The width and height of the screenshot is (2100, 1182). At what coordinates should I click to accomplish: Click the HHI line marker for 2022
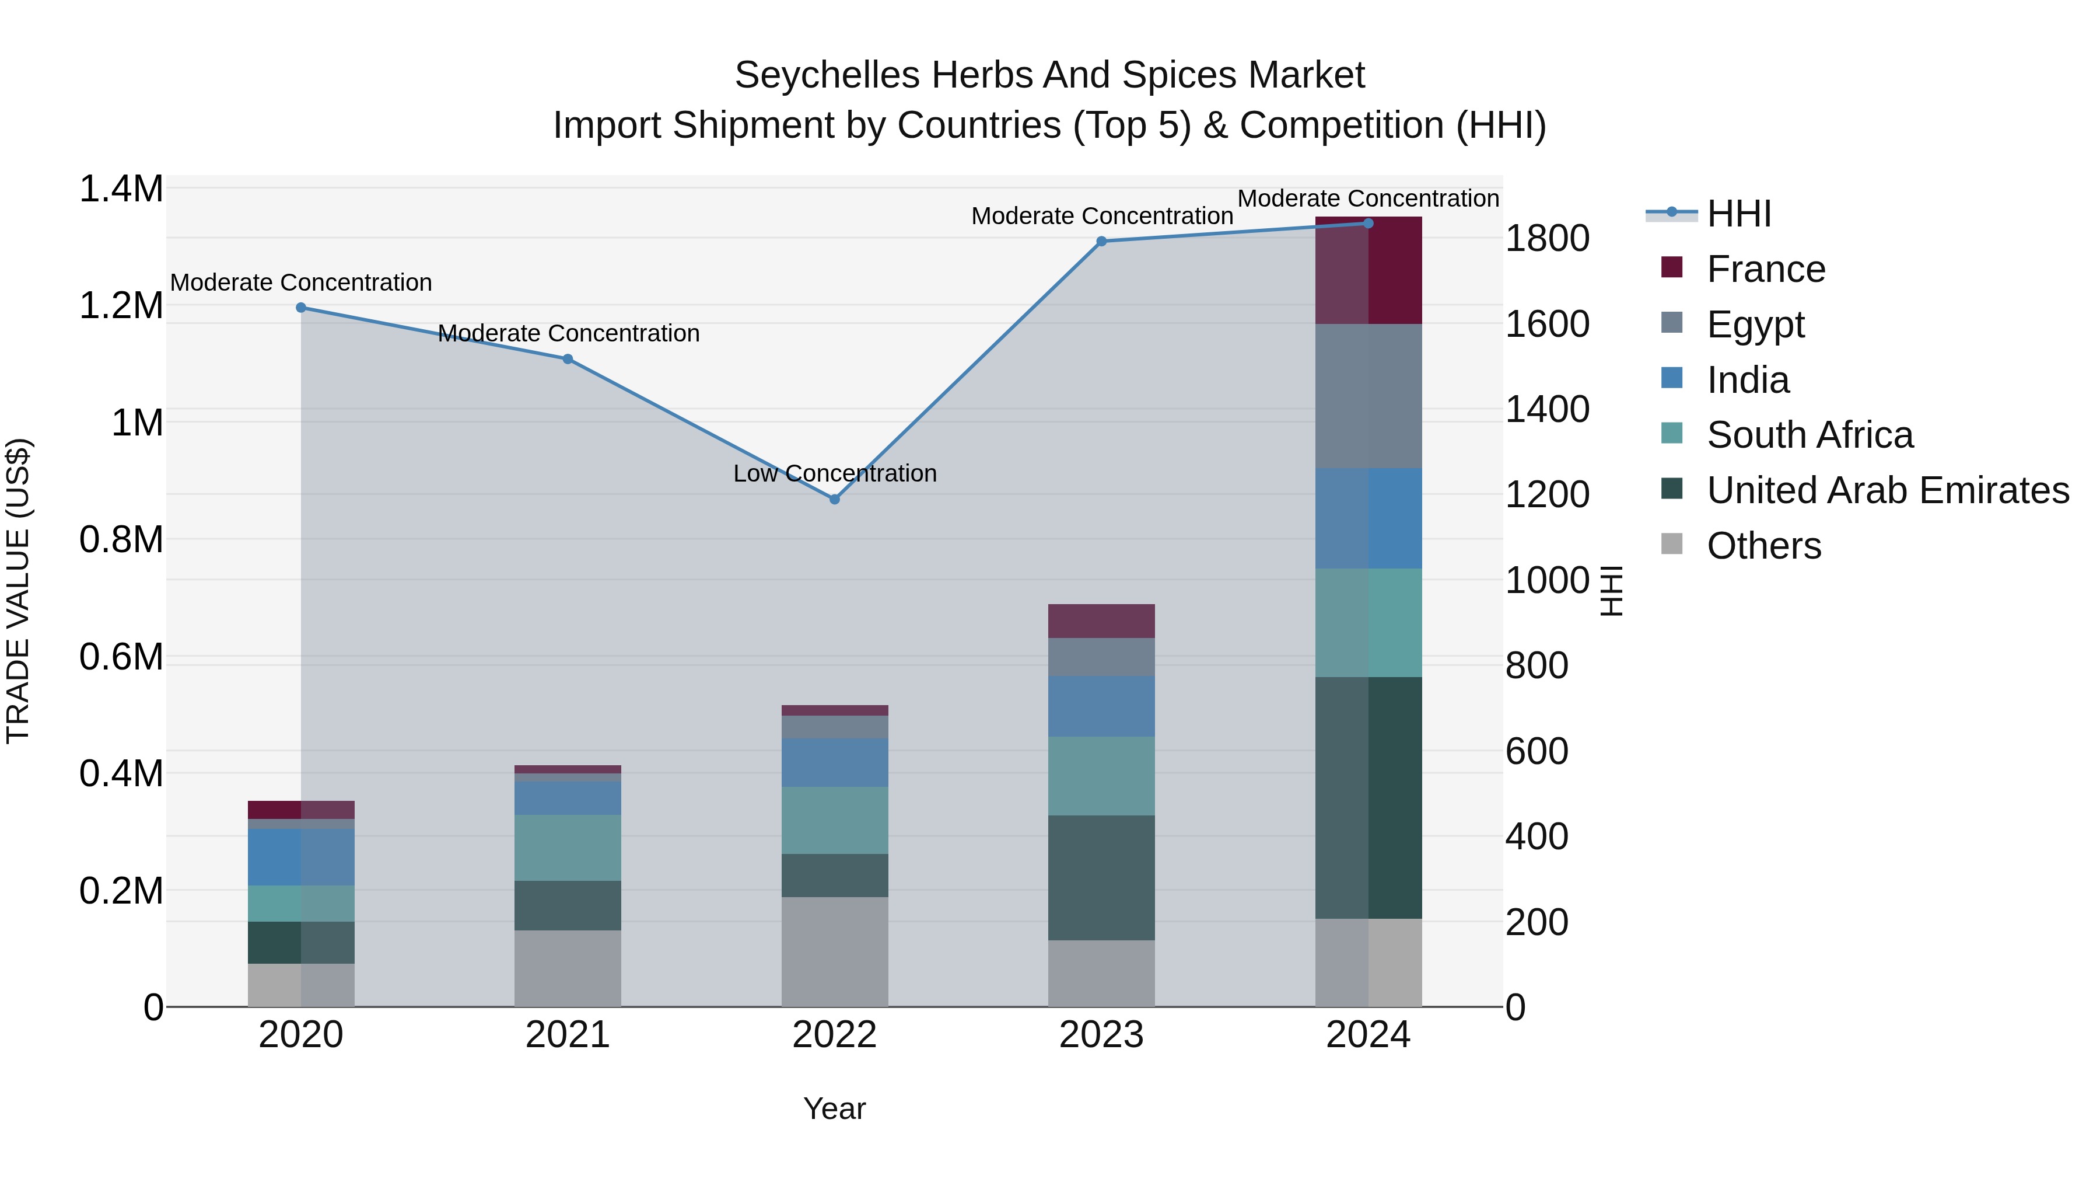[x=834, y=499]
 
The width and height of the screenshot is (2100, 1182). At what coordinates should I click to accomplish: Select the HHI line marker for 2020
[x=301, y=308]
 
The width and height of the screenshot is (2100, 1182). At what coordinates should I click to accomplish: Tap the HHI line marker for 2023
[x=1101, y=242]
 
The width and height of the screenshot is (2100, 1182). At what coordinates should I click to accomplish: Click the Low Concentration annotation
[x=834, y=473]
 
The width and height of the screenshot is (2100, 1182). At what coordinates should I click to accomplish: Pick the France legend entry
[x=1765, y=269]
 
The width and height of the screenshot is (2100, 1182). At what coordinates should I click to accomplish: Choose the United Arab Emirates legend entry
[x=1887, y=490]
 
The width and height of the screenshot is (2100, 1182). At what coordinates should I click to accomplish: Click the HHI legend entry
[x=1738, y=214]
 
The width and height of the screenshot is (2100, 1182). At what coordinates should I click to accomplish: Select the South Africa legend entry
[x=1809, y=435]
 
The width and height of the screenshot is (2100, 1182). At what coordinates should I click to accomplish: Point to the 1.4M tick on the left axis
[x=121, y=189]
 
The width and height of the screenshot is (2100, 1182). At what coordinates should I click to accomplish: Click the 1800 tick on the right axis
[x=1546, y=239]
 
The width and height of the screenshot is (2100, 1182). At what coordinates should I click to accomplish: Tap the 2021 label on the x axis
[x=568, y=1035]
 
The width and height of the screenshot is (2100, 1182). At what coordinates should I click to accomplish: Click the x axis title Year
[x=834, y=1108]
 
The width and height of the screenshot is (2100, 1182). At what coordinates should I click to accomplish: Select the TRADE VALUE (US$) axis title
[x=18, y=591]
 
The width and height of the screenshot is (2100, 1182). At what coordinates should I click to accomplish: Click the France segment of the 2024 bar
[x=1368, y=271]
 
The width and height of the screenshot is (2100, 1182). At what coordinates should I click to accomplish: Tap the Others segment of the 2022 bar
[x=834, y=951]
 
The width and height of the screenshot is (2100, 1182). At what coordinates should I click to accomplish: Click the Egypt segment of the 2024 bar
[x=1368, y=396]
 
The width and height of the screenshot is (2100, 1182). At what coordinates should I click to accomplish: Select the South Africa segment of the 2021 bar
[x=568, y=848]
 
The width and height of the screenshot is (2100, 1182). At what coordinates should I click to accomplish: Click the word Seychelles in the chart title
[x=827, y=75]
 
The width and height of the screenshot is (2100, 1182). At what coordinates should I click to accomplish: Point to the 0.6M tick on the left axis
[x=121, y=657]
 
